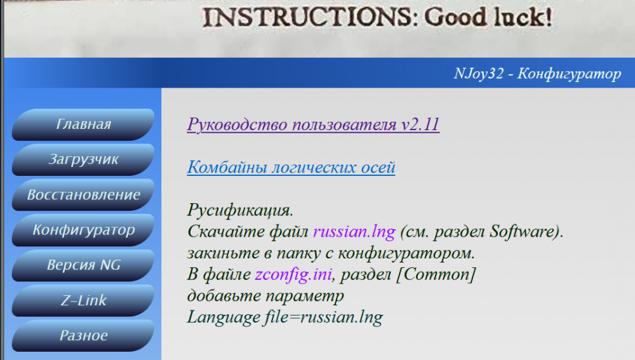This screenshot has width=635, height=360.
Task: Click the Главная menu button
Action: [83, 124]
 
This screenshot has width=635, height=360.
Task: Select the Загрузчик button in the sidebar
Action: [83, 159]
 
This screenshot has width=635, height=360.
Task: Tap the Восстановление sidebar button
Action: [83, 194]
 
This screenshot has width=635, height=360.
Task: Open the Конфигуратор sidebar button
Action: [83, 230]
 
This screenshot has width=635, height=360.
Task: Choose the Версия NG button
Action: [83, 265]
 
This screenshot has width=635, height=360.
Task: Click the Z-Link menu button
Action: [83, 300]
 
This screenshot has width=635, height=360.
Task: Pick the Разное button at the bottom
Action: [83, 335]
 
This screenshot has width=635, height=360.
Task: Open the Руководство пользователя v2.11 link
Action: [313, 124]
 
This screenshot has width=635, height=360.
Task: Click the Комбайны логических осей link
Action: [291, 168]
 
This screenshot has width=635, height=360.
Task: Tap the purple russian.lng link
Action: [354, 231]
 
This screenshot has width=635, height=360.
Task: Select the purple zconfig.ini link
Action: [294, 274]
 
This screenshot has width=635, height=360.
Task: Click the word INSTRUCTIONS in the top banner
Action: [307, 18]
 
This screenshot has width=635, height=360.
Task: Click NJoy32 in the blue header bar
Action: [479, 74]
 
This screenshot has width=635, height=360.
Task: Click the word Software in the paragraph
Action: [523, 231]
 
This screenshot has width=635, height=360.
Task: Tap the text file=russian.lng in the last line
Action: [320, 316]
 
